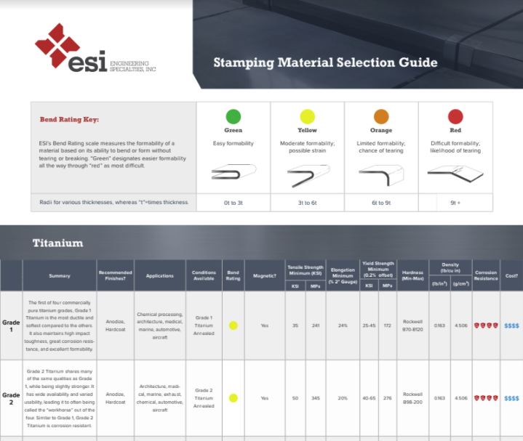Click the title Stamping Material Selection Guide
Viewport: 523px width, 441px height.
325,62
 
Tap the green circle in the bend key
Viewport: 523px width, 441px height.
233,116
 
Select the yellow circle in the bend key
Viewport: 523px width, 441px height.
307,116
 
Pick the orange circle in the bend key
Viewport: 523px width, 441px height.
381,116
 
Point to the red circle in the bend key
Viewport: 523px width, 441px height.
455,116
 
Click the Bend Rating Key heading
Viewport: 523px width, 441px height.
69,119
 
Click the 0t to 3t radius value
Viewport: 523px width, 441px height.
233,203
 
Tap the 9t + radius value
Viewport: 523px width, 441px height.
455,203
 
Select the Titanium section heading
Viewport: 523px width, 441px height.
58,243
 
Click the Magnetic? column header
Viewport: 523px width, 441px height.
264,275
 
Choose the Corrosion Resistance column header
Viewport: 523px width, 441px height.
486,275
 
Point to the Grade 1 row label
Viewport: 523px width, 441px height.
11,325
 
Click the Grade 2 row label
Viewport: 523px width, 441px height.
11,398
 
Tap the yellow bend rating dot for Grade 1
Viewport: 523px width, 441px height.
233,325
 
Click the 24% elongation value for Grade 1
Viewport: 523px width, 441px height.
343,325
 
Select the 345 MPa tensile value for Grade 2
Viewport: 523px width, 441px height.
316,398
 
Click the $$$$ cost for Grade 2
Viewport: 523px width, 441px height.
511,398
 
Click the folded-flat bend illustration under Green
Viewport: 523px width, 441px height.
233,173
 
